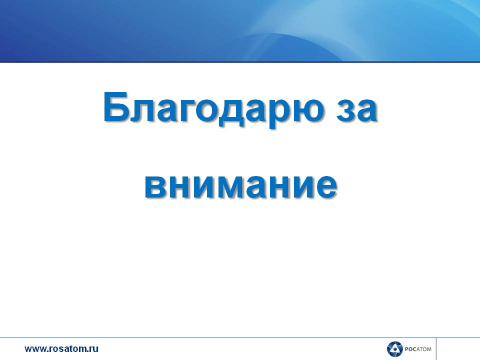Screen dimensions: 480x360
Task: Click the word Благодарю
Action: point(213,108)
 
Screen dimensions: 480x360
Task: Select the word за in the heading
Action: point(356,109)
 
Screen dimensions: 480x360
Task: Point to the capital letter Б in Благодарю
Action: point(115,106)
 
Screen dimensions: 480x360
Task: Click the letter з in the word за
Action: point(345,109)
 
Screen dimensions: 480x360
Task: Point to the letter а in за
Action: point(366,109)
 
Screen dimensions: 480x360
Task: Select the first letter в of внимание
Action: point(155,186)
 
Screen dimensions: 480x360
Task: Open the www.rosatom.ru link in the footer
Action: point(61,348)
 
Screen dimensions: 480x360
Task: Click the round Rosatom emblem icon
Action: point(394,349)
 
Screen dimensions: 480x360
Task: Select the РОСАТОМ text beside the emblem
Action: point(418,349)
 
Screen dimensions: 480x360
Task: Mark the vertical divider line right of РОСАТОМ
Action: point(436,349)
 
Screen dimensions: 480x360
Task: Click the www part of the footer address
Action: point(35,349)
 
